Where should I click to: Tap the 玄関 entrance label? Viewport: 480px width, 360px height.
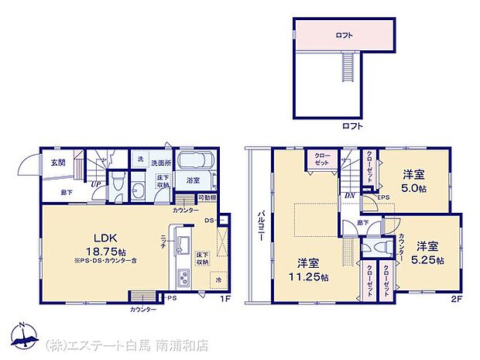coord(58,163)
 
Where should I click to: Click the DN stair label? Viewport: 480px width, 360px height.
coord(349,196)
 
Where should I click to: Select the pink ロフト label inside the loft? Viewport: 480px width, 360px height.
coord(345,35)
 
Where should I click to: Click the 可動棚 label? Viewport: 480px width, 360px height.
coord(207,199)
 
